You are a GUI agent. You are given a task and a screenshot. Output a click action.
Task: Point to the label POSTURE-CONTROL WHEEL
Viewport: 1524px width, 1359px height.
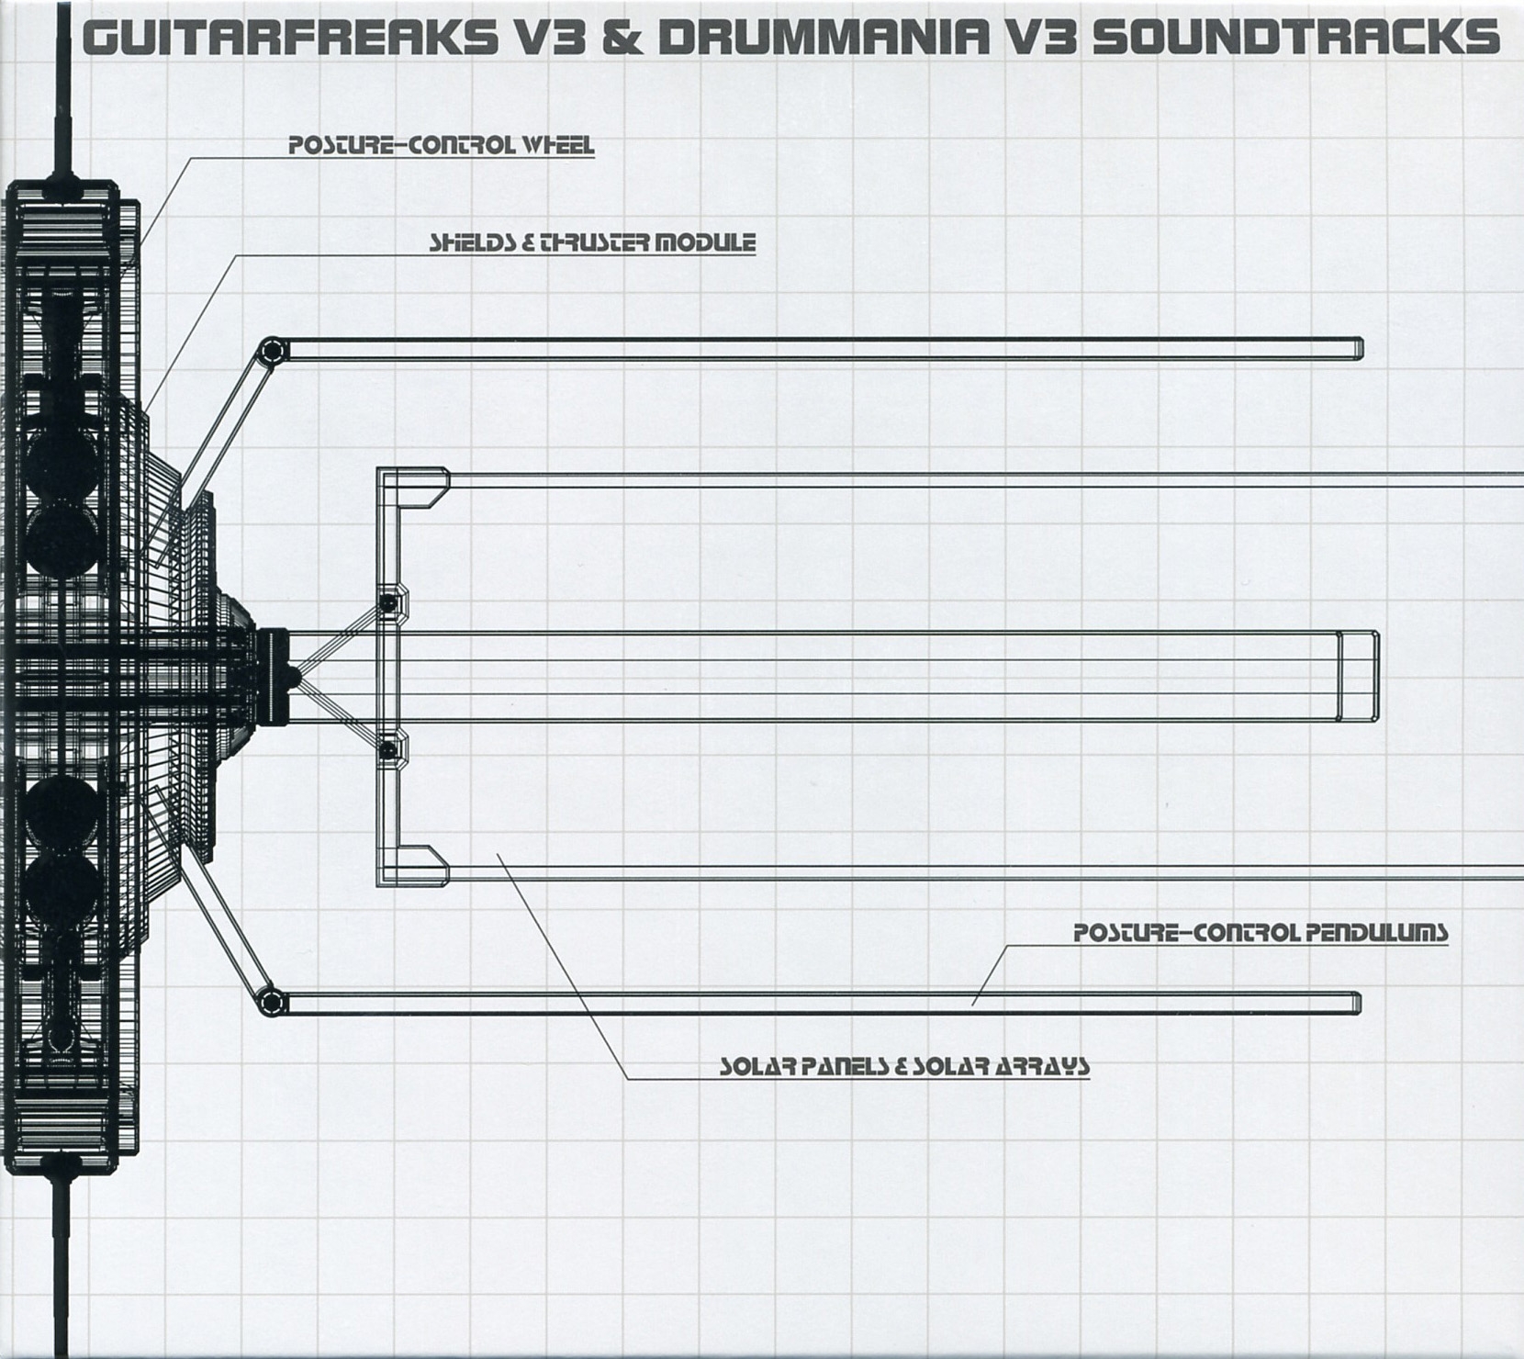pos(442,145)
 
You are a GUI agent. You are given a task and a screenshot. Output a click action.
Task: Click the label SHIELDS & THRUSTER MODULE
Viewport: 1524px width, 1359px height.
pos(593,242)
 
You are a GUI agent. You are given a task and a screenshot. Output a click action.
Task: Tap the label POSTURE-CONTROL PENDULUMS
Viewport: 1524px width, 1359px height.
pos(1261,933)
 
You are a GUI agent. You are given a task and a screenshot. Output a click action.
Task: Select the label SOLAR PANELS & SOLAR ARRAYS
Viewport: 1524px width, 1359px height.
pos(904,1066)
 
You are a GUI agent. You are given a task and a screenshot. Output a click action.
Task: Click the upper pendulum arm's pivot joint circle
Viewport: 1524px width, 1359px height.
pos(269,351)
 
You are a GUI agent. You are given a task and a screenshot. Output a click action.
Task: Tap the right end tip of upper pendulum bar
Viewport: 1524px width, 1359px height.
pos(1358,349)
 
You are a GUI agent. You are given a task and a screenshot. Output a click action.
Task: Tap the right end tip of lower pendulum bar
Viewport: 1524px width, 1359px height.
pos(1356,1004)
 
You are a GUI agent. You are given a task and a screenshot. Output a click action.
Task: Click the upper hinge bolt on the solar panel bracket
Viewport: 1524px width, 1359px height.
pos(388,602)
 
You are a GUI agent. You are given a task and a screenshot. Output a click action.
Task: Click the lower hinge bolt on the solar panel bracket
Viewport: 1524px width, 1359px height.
pos(388,751)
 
